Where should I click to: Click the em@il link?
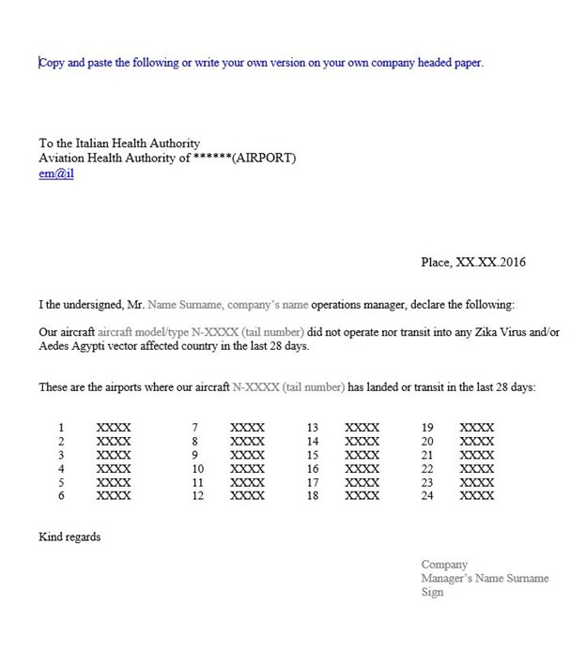(x=55, y=173)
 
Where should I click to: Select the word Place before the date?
(x=436, y=263)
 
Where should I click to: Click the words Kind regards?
(x=69, y=537)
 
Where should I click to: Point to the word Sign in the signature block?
(x=432, y=593)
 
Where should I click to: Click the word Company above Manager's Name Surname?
(x=444, y=565)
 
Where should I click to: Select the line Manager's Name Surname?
(x=485, y=579)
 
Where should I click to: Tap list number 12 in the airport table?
(x=198, y=496)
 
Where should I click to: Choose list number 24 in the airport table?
(x=427, y=496)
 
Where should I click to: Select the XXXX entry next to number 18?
(x=362, y=496)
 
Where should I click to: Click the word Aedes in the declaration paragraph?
(x=54, y=346)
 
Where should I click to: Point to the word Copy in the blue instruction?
(x=53, y=63)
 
